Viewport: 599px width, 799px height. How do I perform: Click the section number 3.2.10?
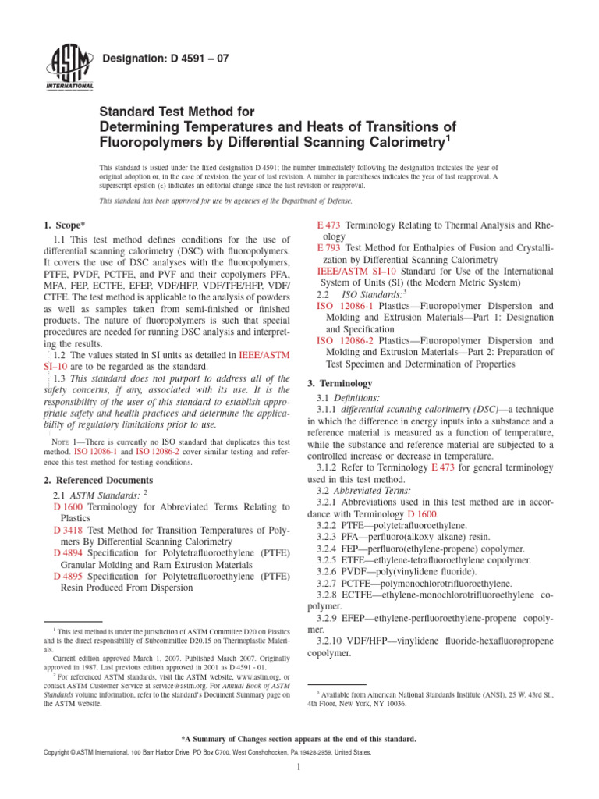336,640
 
